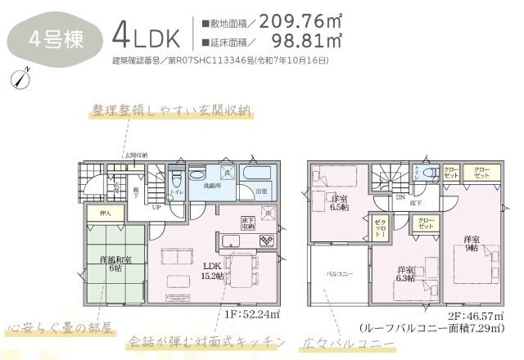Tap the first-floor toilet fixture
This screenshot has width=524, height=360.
tap(175, 179)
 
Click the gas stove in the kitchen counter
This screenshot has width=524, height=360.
tap(268, 239)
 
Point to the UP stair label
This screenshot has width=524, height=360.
tap(156, 208)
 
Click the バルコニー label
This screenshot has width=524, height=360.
tap(339, 274)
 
